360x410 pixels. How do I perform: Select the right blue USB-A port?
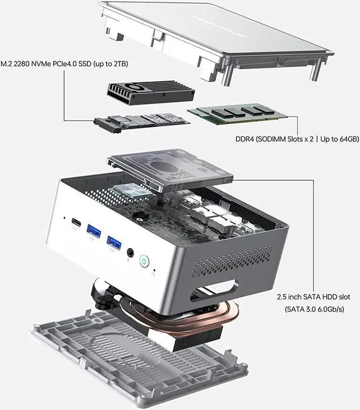pyautogui.click(x=115, y=242)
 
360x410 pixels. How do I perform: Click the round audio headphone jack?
pyautogui.click(x=132, y=253)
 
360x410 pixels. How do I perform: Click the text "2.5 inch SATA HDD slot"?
pyautogui.click(x=316, y=296)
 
